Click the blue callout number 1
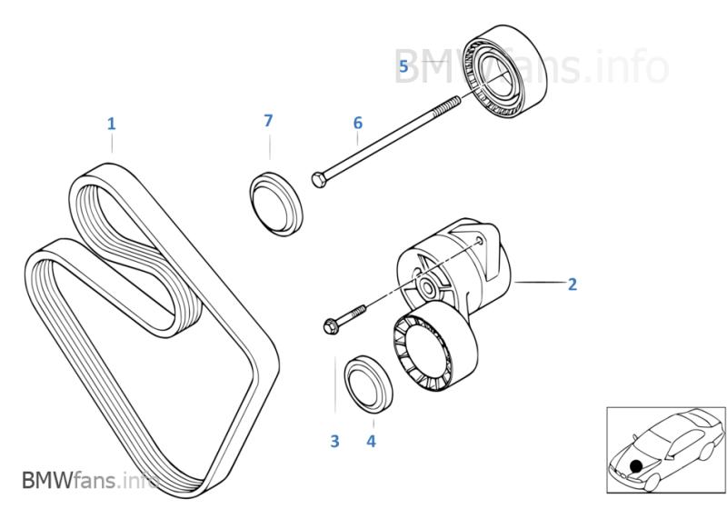tap(111, 124)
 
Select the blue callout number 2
tap(573, 284)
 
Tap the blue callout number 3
tap(334, 441)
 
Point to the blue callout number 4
tap(371, 441)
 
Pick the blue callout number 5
tap(403, 66)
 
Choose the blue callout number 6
tap(357, 123)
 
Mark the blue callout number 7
tap(268, 121)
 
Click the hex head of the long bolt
tap(319, 179)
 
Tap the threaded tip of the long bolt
tap(458, 99)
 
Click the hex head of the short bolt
tap(330, 325)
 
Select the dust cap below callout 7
tap(276, 204)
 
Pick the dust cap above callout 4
tap(369, 384)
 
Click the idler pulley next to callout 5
tap(506, 71)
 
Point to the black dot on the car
tap(636, 466)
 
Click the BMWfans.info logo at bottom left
tap(90, 480)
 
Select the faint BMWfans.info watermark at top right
tap(531, 66)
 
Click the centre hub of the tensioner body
tap(426, 288)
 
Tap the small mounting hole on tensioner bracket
tap(481, 240)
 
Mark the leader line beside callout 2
tap(540, 282)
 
